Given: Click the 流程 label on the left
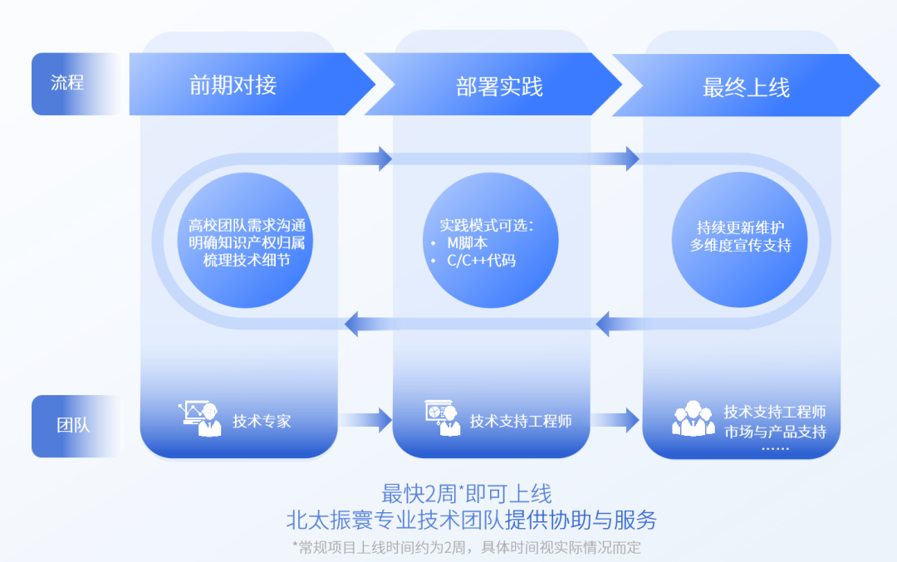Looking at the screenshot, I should (x=67, y=83).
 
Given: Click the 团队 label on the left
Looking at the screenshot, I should (x=73, y=425).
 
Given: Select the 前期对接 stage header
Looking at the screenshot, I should (x=233, y=85).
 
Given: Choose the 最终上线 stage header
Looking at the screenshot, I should (x=746, y=87).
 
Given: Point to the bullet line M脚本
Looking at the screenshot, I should (x=468, y=242).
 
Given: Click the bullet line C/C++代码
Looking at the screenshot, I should (x=481, y=261).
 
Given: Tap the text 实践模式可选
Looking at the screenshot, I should (x=486, y=224).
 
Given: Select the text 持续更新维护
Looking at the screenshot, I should (x=740, y=227).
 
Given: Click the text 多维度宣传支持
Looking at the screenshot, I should (x=740, y=245).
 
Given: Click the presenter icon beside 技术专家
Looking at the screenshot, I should (x=200, y=418).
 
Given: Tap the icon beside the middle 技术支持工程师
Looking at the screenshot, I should (x=443, y=418).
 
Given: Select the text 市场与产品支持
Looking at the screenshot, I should (x=775, y=432).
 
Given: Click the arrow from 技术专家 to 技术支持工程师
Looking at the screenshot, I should (x=365, y=420).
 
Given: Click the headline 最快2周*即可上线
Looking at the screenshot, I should (x=466, y=494).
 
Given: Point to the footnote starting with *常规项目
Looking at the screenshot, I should (x=466, y=547).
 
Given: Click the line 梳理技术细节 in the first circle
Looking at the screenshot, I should (x=246, y=260).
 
